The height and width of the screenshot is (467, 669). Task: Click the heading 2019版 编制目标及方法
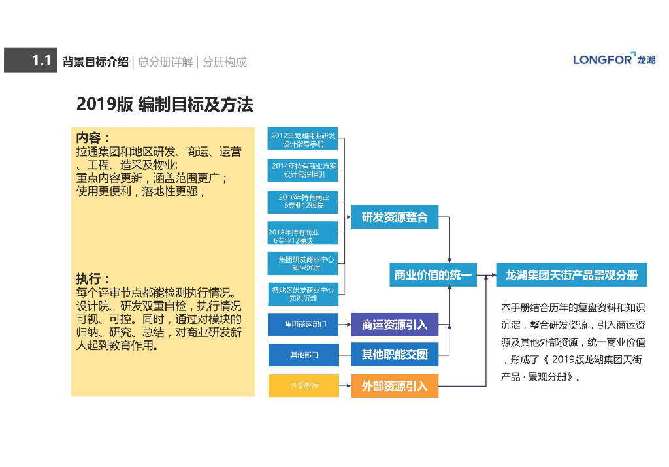[x=165, y=105]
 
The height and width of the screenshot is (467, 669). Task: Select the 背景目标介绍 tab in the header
[x=95, y=62]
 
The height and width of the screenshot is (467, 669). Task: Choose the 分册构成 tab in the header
[x=225, y=62]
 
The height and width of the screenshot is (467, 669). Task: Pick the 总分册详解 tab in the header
[x=165, y=62]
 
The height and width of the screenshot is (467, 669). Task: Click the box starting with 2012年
[x=302, y=140]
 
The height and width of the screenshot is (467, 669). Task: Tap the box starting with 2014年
[x=302, y=170]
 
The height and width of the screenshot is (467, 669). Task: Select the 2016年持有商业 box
[x=302, y=202]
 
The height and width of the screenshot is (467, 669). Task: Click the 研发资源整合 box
[x=395, y=217]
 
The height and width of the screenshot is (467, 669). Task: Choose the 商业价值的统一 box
[x=433, y=275]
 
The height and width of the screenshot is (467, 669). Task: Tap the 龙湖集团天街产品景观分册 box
[x=572, y=275]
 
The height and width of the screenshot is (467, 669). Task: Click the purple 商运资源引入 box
[x=395, y=325]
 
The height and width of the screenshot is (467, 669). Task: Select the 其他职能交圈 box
[x=395, y=355]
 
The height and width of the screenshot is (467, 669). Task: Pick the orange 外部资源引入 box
[x=395, y=386]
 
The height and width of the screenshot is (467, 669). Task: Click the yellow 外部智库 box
[x=303, y=385]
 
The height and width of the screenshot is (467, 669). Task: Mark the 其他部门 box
[x=303, y=355]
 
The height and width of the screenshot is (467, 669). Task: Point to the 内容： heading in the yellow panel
[x=93, y=138]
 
